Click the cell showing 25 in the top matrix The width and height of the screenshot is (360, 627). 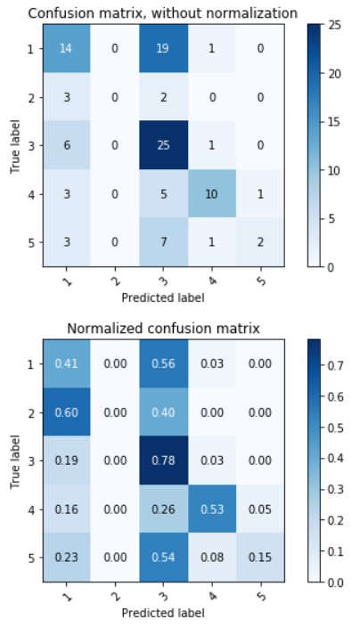(162, 144)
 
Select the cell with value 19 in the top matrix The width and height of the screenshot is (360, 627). (162, 48)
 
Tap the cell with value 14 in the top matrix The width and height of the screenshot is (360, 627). (66, 48)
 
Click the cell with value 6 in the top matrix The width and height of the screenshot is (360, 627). (66, 144)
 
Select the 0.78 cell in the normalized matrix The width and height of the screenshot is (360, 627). (162, 460)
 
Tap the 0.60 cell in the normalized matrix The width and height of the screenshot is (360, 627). (66, 412)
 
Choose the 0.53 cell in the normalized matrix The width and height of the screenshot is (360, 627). (210, 509)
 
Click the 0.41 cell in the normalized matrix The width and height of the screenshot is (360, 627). (66, 364)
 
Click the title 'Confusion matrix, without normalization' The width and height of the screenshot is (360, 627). (162, 12)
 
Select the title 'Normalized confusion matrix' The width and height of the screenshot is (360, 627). (162, 329)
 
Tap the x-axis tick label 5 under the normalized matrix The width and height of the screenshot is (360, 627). (259, 595)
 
